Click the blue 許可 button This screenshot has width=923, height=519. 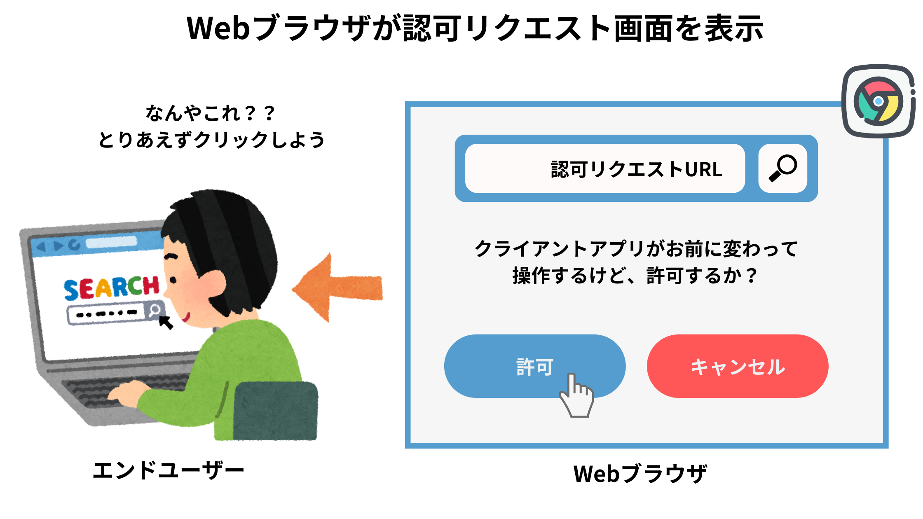[x=535, y=366]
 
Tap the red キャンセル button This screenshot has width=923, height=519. [x=738, y=366]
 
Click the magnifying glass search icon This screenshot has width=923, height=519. [x=782, y=168]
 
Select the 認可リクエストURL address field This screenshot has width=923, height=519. [x=605, y=168]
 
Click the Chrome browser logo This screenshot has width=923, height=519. [x=878, y=101]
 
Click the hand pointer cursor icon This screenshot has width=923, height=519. [x=576, y=395]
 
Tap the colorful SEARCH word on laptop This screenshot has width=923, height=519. [x=111, y=288]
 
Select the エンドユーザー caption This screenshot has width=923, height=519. [x=168, y=470]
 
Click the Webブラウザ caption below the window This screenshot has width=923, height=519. [x=640, y=473]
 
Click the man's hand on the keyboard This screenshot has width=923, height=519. [x=126, y=392]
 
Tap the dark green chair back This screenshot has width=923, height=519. [x=276, y=411]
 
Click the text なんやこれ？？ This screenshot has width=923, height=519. [x=210, y=113]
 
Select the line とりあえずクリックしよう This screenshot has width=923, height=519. [x=211, y=140]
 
